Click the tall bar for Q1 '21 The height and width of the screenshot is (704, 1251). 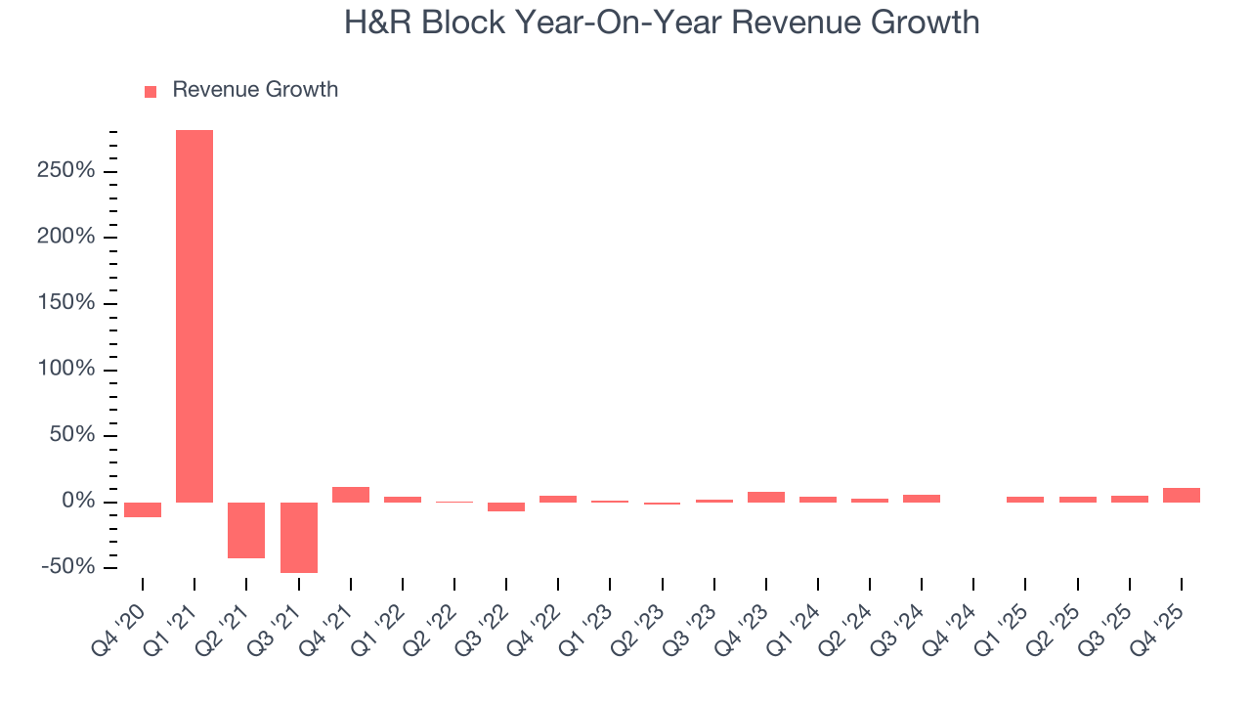click(x=194, y=316)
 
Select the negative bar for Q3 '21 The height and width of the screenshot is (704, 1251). click(x=299, y=537)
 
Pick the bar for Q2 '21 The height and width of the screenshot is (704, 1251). click(x=246, y=530)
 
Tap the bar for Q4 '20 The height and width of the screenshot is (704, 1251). click(x=143, y=509)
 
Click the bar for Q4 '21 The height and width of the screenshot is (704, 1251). click(x=351, y=495)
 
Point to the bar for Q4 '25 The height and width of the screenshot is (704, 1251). click(x=1182, y=495)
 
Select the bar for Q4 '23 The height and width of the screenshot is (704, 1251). click(x=766, y=497)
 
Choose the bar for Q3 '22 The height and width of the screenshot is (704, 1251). click(x=506, y=506)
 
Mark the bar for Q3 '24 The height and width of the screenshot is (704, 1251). click(x=922, y=498)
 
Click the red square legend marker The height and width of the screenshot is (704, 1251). click(x=151, y=91)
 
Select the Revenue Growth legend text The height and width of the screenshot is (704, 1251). click(x=255, y=90)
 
